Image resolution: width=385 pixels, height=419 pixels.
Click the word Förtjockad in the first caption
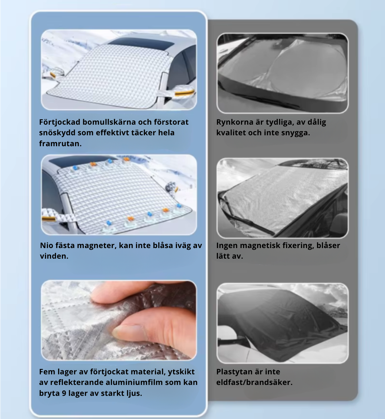[x=60, y=122]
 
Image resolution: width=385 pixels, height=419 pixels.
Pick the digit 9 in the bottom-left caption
[x=64, y=393]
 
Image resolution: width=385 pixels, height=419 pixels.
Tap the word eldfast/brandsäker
[x=254, y=382]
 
